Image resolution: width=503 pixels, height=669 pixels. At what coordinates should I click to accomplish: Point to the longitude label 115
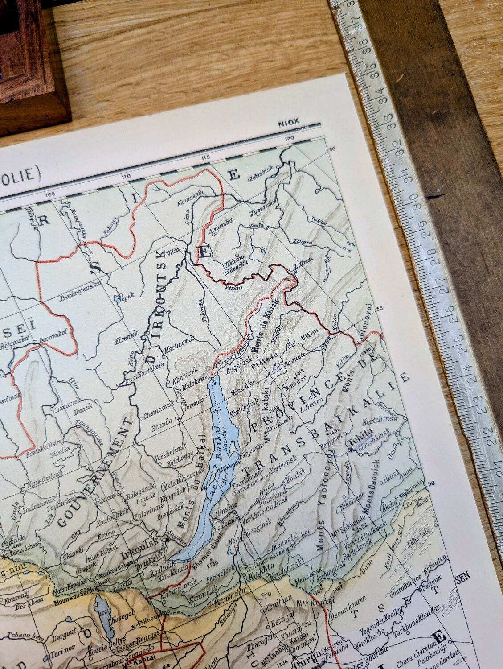pos(205,157)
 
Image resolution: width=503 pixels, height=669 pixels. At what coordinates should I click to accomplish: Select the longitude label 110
pos(125,177)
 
